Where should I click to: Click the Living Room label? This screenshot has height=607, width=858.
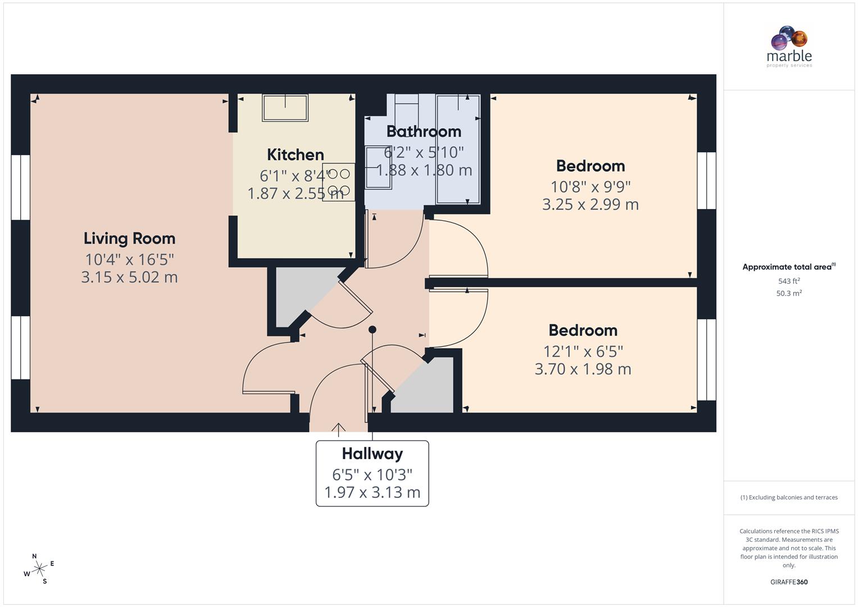[129, 238]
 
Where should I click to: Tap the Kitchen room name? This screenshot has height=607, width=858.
[295, 155]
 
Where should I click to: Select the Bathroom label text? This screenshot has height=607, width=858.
[424, 132]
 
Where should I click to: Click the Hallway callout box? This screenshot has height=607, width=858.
[372, 473]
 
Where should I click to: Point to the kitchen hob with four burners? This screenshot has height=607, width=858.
[338, 182]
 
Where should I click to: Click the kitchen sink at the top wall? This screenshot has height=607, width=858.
[285, 107]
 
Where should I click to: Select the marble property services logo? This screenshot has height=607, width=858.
[789, 47]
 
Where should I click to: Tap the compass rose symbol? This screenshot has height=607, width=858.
[39, 569]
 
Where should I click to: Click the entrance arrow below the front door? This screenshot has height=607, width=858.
[338, 429]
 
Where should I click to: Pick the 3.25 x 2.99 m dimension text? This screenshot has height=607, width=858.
[590, 205]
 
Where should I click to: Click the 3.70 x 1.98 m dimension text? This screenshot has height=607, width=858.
[583, 369]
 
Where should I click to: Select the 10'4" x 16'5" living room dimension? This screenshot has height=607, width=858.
[129, 260]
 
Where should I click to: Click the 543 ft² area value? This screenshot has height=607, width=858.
[789, 281]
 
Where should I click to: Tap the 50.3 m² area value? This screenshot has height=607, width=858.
[789, 293]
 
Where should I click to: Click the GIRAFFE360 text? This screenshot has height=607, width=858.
[789, 582]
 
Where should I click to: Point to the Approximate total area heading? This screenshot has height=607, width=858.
[788, 267]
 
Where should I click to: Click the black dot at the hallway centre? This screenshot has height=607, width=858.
[372, 330]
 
